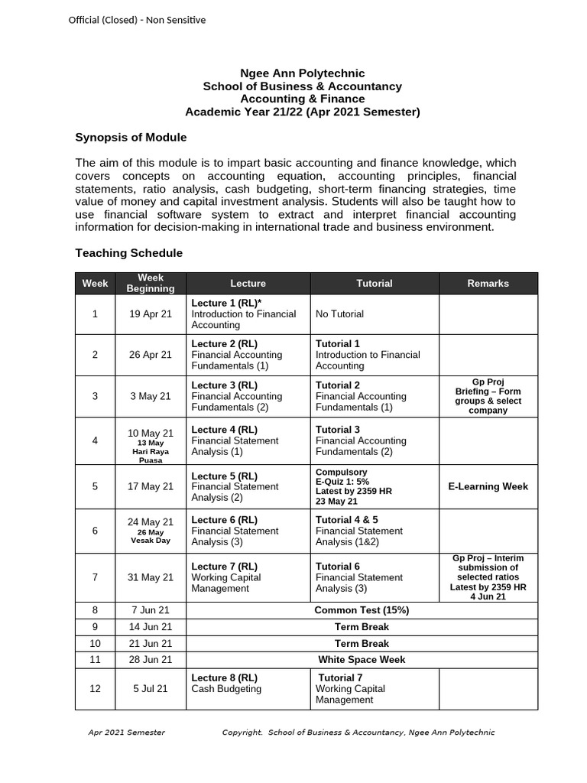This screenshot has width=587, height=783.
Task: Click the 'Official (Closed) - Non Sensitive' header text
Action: tap(138, 20)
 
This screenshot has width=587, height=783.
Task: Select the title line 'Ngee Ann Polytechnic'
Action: tap(303, 73)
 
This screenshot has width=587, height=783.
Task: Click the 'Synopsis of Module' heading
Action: tap(131, 138)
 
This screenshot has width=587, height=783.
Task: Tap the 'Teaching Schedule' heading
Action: tap(128, 253)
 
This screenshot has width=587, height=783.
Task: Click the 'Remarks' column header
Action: tap(488, 283)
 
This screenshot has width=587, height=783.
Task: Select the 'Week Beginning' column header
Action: tap(151, 283)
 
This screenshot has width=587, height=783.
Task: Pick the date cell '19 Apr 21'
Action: tap(151, 314)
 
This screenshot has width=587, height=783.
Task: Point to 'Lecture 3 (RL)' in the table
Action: tap(225, 385)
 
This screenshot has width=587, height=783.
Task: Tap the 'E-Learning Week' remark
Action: tap(488, 486)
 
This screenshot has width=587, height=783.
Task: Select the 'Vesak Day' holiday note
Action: tap(151, 540)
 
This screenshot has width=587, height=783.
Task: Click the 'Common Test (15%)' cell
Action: tap(362, 610)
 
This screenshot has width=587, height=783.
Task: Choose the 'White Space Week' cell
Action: tap(362, 659)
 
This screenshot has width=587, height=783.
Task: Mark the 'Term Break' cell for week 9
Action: tap(362, 627)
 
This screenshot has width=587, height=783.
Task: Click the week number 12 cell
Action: tap(95, 689)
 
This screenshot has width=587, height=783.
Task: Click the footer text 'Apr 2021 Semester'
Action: tap(126, 733)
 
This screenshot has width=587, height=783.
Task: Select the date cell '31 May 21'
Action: tap(151, 577)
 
